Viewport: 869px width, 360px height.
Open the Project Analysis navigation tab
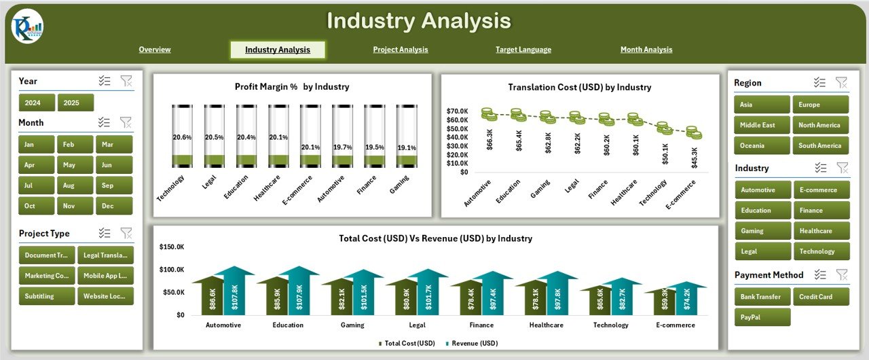401,50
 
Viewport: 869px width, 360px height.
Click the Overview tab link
155,50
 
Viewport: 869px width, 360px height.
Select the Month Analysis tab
646,50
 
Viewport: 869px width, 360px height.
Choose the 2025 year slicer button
75,103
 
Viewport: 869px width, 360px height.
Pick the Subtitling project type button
46,296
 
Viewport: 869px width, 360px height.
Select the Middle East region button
762,125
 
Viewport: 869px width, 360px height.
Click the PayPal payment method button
762,317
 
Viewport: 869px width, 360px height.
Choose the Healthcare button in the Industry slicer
821,231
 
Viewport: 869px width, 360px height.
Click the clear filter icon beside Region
841,83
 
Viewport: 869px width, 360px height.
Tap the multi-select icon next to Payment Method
820,275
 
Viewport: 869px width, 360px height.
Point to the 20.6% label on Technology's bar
182,137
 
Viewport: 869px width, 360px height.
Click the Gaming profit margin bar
407,136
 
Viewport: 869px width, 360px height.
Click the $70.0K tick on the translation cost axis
457,111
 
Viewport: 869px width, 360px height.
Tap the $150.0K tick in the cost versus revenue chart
171,247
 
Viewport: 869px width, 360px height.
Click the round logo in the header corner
27,26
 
